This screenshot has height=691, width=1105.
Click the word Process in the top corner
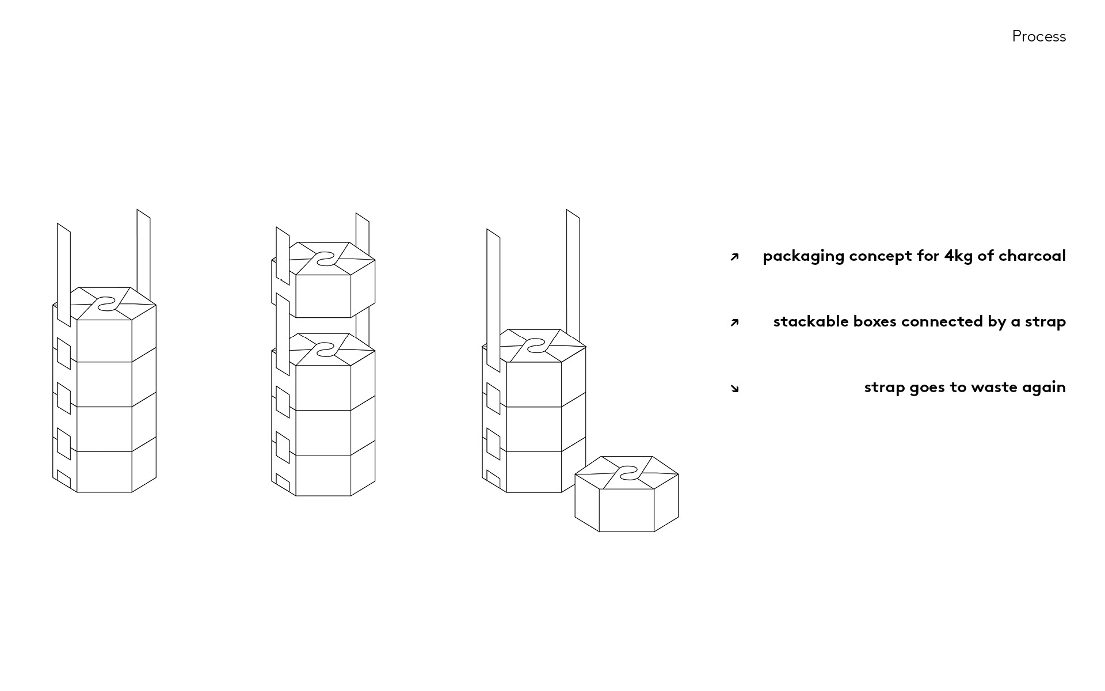click(1039, 36)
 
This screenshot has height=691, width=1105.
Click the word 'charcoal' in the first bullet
click(1032, 256)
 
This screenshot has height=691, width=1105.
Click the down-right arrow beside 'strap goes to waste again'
click(734, 388)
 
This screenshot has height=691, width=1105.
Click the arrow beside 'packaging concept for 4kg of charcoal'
click(734, 257)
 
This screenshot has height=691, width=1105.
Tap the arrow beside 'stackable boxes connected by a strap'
click(734, 322)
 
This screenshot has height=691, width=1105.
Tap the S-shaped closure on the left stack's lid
click(105, 303)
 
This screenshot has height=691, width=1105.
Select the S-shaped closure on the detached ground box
click(627, 473)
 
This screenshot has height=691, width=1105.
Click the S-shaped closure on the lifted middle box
click(324, 259)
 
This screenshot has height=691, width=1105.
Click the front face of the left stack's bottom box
click(104, 472)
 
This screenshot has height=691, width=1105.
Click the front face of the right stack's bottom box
click(534, 472)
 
